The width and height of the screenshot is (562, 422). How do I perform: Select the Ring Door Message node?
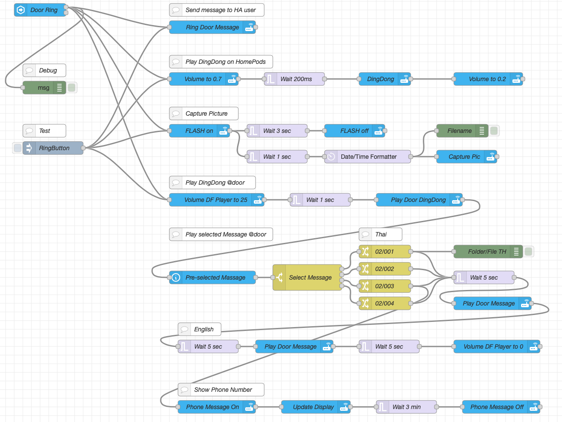click(x=212, y=27)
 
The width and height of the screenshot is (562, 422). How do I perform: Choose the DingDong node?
click(x=381, y=79)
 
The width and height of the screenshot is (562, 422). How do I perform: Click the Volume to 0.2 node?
click(x=487, y=79)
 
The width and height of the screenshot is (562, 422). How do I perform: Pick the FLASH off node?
click(x=354, y=131)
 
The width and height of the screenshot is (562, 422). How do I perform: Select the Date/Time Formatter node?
click(x=368, y=157)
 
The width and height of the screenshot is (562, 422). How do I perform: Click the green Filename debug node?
click(x=459, y=131)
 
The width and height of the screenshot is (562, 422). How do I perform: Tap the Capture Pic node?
click(x=464, y=157)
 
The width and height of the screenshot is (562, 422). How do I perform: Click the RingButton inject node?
click(x=53, y=148)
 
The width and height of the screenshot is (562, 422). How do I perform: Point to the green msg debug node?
click(x=44, y=88)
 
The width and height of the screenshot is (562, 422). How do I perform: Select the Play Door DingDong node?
click(x=418, y=200)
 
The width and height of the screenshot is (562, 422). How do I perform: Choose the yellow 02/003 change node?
click(x=384, y=286)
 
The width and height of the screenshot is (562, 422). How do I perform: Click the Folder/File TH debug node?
click(x=487, y=252)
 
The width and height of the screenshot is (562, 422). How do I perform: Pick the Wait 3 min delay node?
click(x=406, y=407)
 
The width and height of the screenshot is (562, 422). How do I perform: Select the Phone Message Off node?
click(x=497, y=407)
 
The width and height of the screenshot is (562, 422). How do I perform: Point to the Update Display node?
click(x=313, y=407)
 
